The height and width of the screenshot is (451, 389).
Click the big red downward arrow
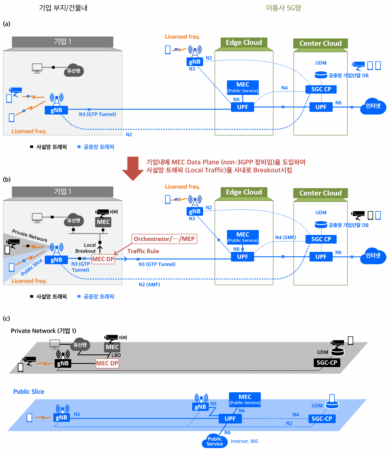pos(133,168)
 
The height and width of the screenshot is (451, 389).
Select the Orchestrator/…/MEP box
pos(164,239)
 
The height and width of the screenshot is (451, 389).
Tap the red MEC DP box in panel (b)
pos(103,259)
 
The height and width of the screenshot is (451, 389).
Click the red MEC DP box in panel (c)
pos(107,363)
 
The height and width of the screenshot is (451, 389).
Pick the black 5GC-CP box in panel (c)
pos(327,362)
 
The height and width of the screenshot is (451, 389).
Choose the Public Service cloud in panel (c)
pos(214,441)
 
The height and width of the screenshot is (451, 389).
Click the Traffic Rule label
pos(143,251)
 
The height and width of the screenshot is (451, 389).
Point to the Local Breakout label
pos(85,248)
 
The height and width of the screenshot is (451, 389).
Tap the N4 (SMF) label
pos(286,237)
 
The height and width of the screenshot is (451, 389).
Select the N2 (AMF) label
pos(149,284)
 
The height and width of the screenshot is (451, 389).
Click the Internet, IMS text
pos(245,441)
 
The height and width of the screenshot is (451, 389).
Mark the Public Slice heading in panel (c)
pos(29,392)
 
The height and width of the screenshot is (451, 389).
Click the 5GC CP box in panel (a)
pos(321,89)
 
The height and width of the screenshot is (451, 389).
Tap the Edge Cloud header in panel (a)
pos(244,42)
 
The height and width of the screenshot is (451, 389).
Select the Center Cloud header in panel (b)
pos(320,193)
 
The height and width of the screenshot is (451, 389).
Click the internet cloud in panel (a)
pos(373,106)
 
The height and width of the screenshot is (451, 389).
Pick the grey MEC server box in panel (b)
pos(103,222)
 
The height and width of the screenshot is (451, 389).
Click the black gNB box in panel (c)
pos(63,363)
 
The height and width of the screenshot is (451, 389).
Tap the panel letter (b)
pos(7,179)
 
